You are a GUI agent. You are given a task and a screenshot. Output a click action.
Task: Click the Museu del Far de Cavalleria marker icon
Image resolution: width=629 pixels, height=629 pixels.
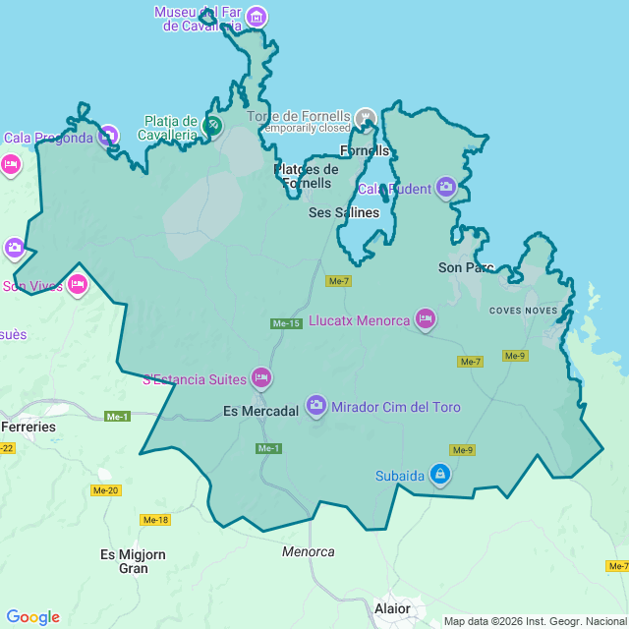[x=257, y=17]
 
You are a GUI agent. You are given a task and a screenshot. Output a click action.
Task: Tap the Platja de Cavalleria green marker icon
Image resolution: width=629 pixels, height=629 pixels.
[x=213, y=125]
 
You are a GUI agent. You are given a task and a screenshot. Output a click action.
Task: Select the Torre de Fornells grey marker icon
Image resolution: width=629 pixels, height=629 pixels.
[x=366, y=118]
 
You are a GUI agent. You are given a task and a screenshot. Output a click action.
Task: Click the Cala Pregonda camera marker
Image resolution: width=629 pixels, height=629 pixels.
[x=108, y=135]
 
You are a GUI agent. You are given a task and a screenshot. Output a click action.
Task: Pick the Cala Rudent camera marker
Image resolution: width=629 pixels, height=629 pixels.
[x=446, y=187]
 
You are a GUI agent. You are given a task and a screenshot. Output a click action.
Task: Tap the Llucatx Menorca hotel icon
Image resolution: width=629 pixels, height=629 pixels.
[x=425, y=317]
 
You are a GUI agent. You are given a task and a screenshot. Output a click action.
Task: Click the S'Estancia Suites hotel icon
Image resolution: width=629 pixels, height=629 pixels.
[x=260, y=376]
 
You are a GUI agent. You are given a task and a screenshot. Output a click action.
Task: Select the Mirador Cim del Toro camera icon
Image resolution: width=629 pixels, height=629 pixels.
[x=315, y=404]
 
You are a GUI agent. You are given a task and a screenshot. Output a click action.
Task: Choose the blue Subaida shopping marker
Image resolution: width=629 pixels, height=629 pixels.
[x=439, y=475]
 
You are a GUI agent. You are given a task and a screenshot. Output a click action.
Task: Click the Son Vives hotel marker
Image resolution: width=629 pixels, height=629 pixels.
[x=78, y=285]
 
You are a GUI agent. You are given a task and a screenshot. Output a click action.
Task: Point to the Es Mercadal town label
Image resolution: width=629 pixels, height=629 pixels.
[x=260, y=412]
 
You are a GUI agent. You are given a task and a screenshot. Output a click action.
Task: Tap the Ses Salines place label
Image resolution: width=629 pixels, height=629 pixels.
[x=343, y=212]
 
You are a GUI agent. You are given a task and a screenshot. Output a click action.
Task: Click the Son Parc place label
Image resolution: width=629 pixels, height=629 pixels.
[x=466, y=267]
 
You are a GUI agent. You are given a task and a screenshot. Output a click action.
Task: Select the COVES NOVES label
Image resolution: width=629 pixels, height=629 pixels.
[x=524, y=311]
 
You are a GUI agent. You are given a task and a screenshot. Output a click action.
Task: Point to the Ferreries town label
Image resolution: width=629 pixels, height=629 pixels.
[x=29, y=428]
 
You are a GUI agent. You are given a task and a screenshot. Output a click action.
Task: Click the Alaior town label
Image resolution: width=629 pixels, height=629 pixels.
[x=392, y=608]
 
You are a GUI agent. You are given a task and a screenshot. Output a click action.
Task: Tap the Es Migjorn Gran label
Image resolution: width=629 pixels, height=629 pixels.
[x=133, y=561]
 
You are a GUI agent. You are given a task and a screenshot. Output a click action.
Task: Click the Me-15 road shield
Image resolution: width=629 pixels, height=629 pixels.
[x=286, y=323]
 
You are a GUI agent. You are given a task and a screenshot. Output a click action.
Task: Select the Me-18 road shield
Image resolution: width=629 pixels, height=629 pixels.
[x=155, y=520]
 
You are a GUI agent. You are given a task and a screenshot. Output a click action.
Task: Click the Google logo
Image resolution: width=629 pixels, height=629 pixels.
[x=32, y=616]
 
